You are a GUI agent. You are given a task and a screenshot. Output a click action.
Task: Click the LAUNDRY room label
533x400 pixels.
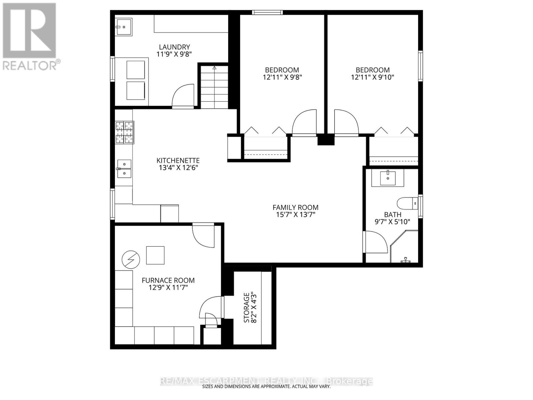[x=174, y=47]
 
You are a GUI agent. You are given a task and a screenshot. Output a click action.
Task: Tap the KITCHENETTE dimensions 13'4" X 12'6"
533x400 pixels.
[x=179, y=168]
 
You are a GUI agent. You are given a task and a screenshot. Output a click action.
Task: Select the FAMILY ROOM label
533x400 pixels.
[x=295, y=207]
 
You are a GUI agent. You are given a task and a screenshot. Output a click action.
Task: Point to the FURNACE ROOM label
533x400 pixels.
[x=168, y=280]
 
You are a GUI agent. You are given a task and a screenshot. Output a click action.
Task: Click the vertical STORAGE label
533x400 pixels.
[x=247, y=307]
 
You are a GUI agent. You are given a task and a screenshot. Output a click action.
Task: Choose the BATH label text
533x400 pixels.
[x=392, y=215]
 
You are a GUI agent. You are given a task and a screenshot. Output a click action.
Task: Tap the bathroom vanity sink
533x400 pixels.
[x=388, y=178]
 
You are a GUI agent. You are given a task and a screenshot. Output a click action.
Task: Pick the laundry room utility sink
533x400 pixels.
[x=124, y=26]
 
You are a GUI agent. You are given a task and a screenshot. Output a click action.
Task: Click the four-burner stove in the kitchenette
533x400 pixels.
[x=125, y=132]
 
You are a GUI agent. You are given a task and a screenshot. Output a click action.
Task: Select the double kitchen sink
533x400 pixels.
[x=124, y=169]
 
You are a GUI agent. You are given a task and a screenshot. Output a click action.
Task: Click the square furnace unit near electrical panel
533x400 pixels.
[x=155, y=255]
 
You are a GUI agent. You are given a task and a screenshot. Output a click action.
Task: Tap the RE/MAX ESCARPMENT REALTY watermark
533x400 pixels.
[x=266, y=381]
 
